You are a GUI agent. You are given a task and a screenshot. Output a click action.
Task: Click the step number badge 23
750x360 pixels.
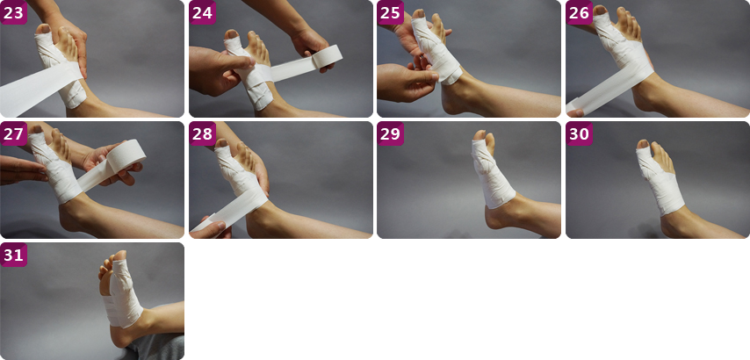13,12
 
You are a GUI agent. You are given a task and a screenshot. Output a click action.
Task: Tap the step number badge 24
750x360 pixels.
202,12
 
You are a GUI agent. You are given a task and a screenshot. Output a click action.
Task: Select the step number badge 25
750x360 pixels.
390,12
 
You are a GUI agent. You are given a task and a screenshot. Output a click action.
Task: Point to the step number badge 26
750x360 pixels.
580,12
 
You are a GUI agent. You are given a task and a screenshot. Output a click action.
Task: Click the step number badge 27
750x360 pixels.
13,133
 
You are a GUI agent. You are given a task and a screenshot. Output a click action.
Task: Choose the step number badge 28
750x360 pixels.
202,133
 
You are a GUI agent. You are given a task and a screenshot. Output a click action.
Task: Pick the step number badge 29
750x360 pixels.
390,133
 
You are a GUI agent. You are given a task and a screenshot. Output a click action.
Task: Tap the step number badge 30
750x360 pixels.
580,133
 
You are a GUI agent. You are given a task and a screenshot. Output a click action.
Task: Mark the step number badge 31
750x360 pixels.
13,255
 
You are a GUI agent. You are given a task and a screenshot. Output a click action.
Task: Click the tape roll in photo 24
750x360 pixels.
328,58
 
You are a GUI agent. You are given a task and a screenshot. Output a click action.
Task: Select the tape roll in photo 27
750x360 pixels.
126,157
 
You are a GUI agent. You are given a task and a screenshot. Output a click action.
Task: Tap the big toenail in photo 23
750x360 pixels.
45,29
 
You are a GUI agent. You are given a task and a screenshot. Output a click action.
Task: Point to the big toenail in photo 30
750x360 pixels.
643,144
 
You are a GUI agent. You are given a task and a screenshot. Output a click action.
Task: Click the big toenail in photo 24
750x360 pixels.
233,34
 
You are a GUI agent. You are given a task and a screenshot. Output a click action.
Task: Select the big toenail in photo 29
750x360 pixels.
480,135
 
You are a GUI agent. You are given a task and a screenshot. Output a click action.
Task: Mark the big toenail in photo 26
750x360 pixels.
599,10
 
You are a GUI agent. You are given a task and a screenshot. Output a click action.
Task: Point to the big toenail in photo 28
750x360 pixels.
221,143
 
